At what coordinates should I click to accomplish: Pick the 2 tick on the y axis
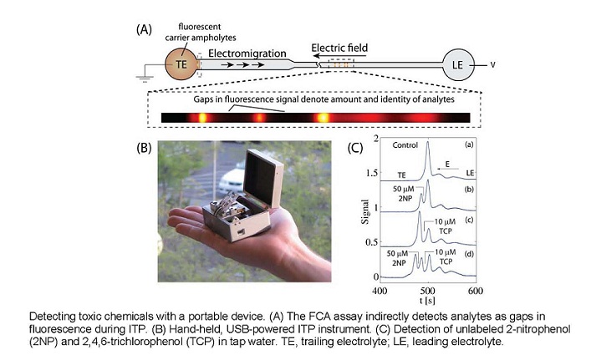[x=374, y=137]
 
